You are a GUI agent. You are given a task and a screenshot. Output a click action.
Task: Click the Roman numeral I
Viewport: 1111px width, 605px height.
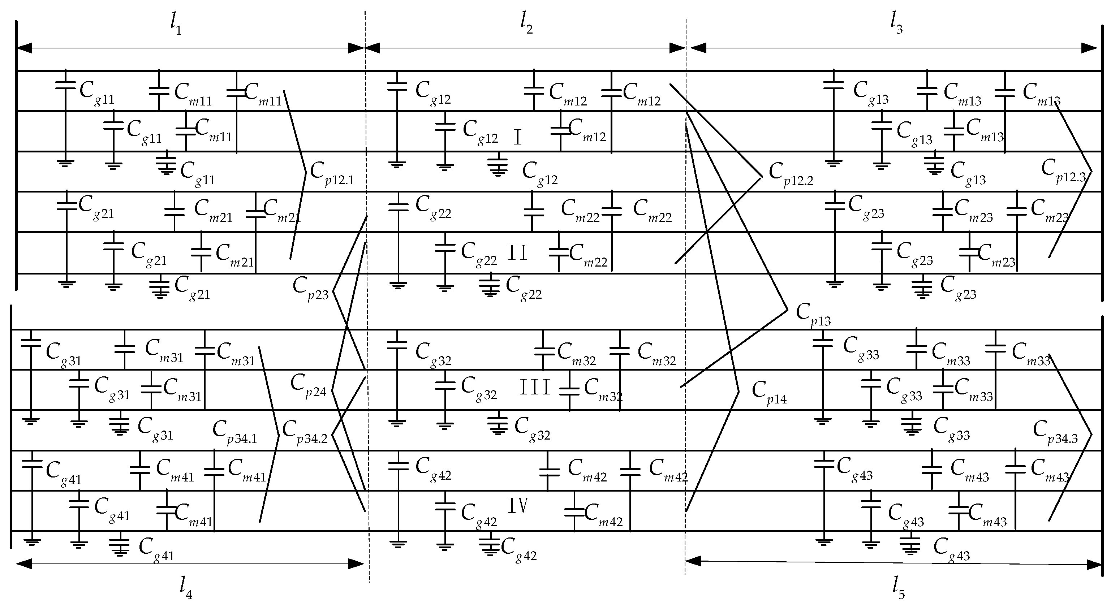click(517, 138)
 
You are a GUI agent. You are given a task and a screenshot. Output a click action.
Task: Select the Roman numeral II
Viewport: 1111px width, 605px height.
click(517, 253)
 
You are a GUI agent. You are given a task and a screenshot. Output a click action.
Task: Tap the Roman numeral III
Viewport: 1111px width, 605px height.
click(535, 387)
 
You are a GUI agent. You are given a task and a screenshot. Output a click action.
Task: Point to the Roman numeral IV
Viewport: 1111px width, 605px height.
click(517, 505)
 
